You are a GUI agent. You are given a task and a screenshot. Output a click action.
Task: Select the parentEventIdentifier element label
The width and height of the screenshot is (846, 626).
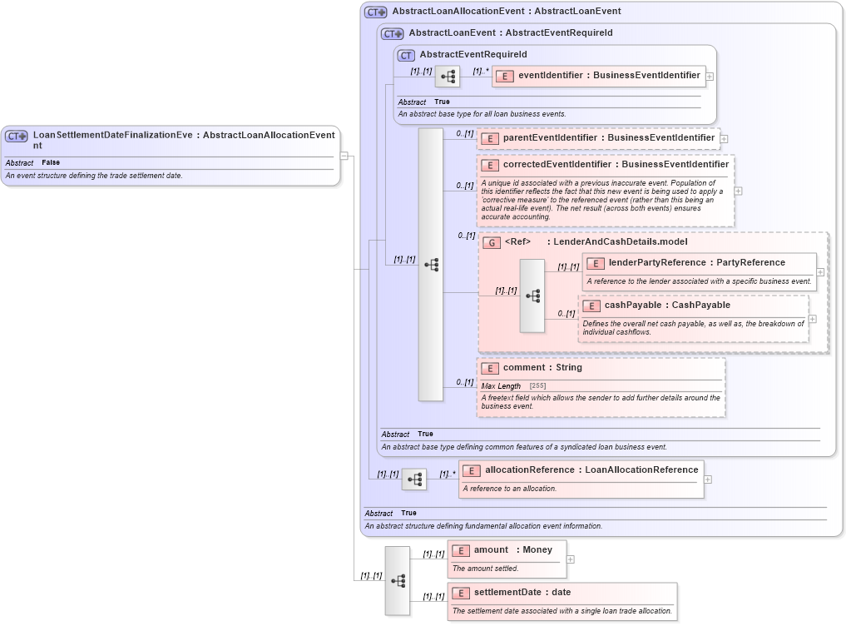tap(549, 137)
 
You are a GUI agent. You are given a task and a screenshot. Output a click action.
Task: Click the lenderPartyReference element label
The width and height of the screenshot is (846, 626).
tap(655, 263)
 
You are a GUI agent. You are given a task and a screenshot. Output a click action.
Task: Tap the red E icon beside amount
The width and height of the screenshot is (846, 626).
tap(461, 550)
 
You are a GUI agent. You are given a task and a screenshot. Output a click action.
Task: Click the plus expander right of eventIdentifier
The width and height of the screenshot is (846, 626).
tap(710, 77)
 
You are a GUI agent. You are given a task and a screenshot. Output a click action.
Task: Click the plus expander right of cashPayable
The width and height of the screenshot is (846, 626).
tap(813, 319)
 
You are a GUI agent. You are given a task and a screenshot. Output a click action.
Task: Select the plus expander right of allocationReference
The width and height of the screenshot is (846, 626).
tap(708, 479)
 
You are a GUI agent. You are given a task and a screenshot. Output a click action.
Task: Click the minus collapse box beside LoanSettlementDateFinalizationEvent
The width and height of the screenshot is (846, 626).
tap(344, 155)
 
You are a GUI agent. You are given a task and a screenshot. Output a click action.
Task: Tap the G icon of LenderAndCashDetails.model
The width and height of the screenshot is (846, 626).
tap(492, 242)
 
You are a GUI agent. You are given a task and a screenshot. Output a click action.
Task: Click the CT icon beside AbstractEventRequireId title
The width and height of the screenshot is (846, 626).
tap(406, 55)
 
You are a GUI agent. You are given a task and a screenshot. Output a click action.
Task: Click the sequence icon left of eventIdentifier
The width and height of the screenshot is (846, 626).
tap(448, 77)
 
